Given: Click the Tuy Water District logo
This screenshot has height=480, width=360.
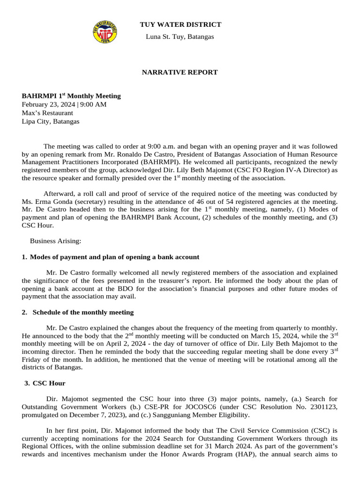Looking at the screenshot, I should click(x=105, y=31).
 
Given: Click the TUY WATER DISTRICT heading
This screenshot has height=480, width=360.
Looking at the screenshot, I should click(x=180, y=24).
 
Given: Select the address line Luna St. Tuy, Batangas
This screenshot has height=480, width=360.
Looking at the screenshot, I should click(x=180, y=37).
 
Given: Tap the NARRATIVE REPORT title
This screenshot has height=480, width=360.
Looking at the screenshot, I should click(x=180, y=72).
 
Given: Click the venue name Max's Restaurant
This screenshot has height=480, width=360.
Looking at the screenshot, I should click(x=47, y=112).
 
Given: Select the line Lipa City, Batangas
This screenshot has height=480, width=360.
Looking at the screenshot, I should click(x=51, y=121).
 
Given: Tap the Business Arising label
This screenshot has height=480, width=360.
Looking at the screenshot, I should click(x=55, y=241).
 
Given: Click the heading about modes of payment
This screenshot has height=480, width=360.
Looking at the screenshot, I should click(x=114, y=257).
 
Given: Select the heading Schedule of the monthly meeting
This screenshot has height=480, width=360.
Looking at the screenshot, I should click(x=83, y=312).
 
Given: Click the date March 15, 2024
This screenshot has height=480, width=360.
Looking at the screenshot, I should click(x=265, y=336).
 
